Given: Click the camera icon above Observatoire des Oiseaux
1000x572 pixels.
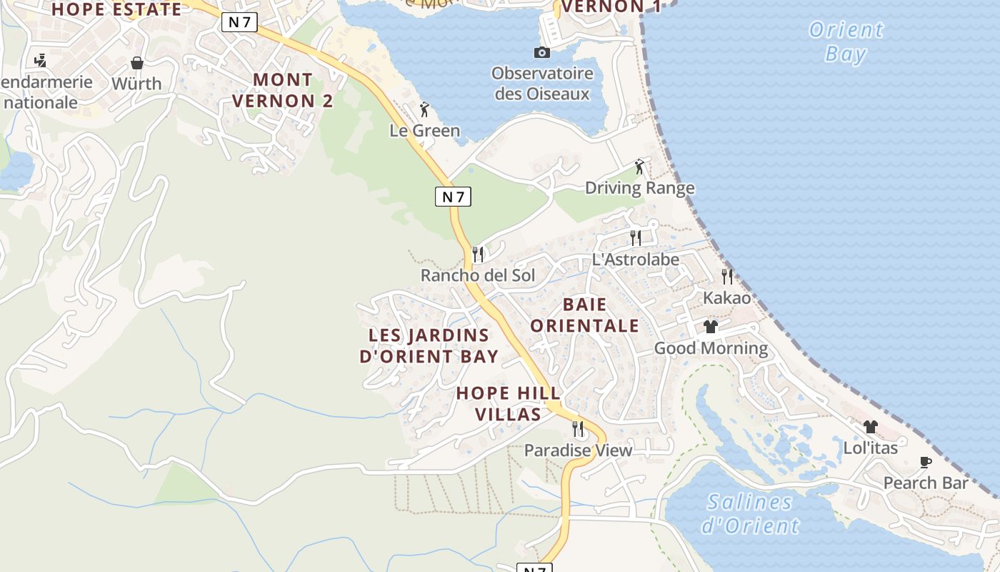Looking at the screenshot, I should tap(542, 52).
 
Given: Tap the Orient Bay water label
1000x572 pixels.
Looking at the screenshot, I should tap(846, 41).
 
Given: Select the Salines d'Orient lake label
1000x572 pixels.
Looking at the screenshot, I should tap(750, 513).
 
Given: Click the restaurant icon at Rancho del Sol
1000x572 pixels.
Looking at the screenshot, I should tap(479, 254).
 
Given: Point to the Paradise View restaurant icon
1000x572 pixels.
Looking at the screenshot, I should tap(578, 429).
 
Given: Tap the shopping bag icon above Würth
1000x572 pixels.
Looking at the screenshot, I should tap(137, 63).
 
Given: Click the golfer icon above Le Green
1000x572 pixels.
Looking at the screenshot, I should tap(424, 109).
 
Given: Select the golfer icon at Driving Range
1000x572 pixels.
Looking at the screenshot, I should tap(640, 167).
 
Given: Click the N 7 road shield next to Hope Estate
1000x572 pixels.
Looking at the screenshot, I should tap(239, 22).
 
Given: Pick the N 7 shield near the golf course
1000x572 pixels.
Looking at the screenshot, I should tap(453, 197).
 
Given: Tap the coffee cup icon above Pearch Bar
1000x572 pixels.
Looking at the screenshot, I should tap(926, 462).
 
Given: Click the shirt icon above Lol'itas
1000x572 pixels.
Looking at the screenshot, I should tap(870, 427).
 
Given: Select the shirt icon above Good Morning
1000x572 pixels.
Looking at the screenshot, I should tap(710, 327).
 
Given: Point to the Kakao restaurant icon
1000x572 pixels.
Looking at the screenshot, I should tap(727, 276).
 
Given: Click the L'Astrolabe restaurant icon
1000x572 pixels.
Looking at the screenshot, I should tap(636, 237).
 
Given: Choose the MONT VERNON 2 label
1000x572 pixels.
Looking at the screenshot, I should tap(283, 90).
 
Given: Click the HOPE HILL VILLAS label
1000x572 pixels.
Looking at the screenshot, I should tap(508, 403).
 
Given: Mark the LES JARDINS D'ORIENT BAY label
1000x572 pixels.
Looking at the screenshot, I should tap(429, 345).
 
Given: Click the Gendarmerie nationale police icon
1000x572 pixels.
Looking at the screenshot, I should tap(41, 60).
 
